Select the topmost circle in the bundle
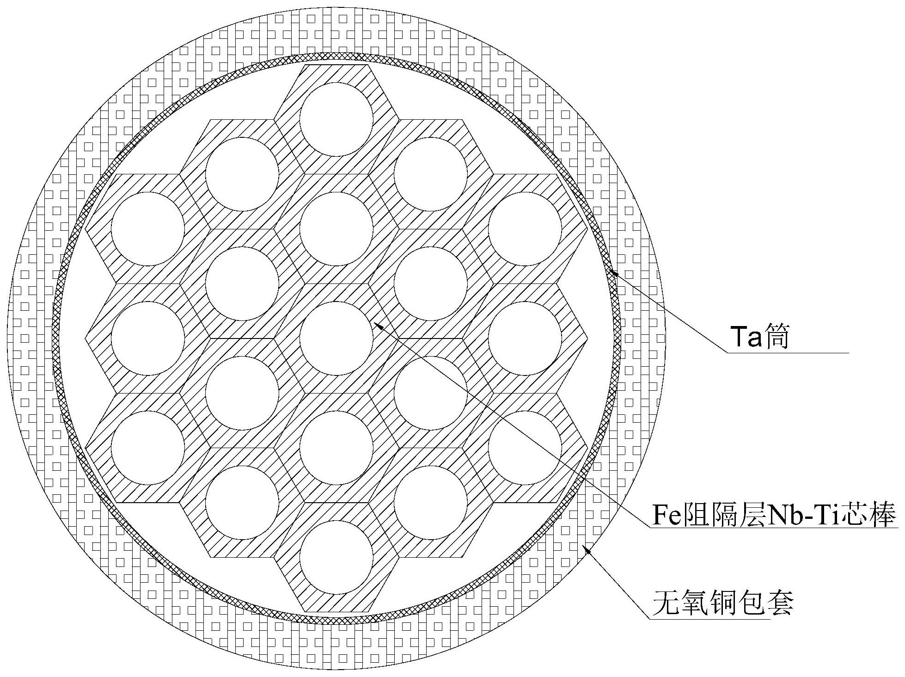click(336, 120)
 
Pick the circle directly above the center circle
click(336, 229)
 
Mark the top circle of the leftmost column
click(148, 229)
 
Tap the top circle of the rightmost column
click(525, 229)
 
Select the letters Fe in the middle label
click(663, 515)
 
